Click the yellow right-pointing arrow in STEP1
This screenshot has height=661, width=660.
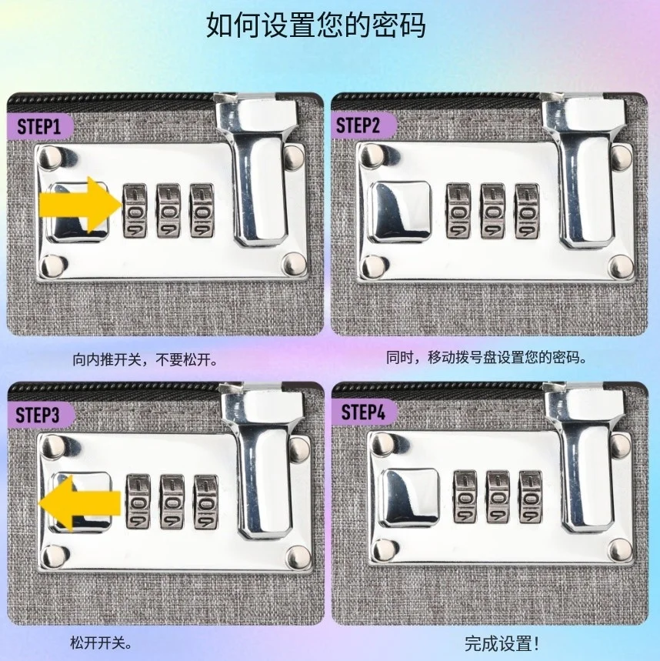click(x=80, y=205)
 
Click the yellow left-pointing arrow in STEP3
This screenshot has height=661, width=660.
click(x=80, y=503)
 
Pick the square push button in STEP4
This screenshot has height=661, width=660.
click(x=409, y=497)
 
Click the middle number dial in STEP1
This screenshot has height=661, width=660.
click(x=168, y=210)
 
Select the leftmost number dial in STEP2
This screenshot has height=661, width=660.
click(x=458, y=211)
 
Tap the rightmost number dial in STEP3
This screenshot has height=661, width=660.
click(x=206, y=502)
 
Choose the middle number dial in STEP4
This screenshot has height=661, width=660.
click(x=498, y=496)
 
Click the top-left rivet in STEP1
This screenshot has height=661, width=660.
click(x=50, y=156)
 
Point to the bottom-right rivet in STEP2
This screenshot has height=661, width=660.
click(x=620, y=266)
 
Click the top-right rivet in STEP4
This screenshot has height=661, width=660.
click(x=621, y=445)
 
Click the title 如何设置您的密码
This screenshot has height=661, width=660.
click(x=315, y=25)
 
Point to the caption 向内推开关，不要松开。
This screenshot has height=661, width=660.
click(x=146, y=359)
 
